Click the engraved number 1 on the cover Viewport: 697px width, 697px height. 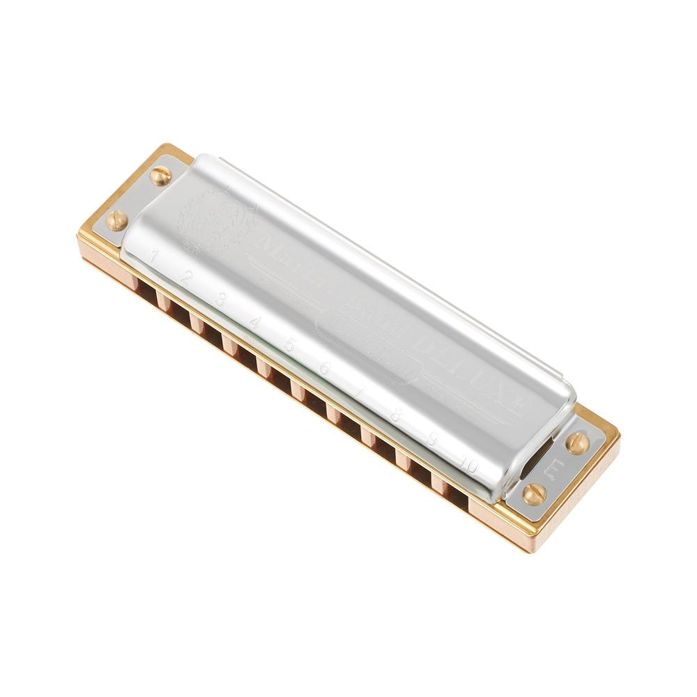point(154,254)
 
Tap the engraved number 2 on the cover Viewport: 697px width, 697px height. point(185,276)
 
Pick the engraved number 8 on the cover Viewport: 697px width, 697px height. point(395,416)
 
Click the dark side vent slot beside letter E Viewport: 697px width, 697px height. point(537,457)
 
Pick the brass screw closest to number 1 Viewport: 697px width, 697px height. point(116,220)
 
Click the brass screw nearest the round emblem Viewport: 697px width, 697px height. point(160,175)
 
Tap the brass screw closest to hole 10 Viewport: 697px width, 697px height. point(535,494)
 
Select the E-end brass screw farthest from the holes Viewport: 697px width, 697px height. point(576,443)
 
